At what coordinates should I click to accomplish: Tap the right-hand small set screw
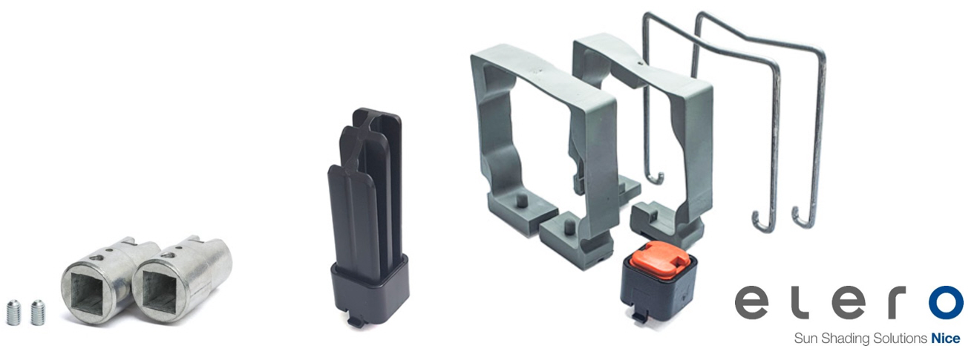point(38,312)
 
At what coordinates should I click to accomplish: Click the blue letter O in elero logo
point(946,302)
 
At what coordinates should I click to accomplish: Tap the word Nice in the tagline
point(946,338)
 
